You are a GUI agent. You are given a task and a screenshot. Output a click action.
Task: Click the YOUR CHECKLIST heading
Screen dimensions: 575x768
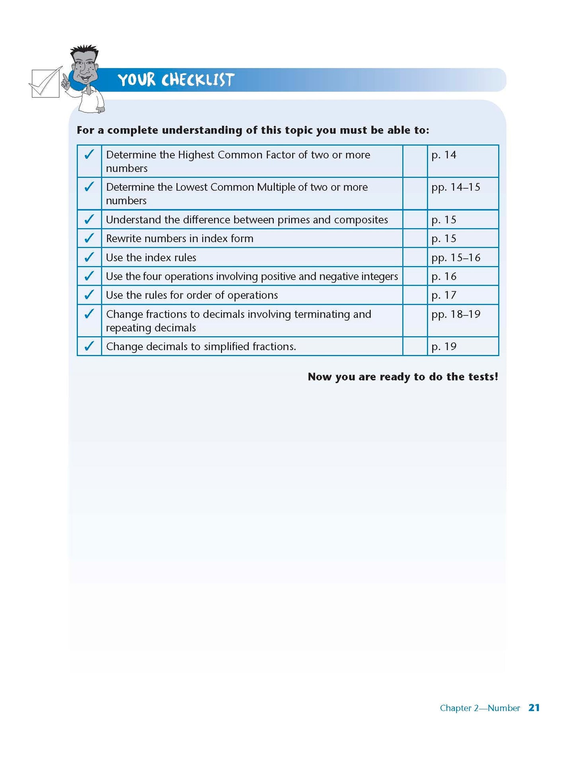[175, 80]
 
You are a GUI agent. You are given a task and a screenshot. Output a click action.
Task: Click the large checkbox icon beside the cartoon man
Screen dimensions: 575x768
[45, 83]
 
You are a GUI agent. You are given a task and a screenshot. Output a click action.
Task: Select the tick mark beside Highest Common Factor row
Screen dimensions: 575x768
[89, 154]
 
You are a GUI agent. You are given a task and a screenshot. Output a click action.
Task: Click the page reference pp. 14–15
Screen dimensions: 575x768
[456, 187]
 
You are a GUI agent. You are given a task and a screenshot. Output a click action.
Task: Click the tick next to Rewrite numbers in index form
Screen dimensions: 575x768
[89, 238]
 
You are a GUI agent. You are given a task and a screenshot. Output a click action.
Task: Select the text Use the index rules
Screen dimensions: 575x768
[151, 257]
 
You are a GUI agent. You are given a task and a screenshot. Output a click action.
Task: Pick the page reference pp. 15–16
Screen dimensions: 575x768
[456, 257]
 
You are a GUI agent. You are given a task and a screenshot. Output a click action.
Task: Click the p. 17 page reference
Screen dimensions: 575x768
[444, 295]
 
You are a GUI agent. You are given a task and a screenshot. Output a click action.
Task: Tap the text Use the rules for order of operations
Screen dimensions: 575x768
[192, 295]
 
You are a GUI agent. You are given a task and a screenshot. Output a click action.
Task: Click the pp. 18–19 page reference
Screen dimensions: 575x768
[456, 314]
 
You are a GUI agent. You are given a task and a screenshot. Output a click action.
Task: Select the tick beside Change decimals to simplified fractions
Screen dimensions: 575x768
[89, 346]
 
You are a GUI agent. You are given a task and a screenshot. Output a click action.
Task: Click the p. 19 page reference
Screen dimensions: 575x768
[444, 347]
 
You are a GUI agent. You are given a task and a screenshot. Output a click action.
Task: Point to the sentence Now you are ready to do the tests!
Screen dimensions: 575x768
[403, 376]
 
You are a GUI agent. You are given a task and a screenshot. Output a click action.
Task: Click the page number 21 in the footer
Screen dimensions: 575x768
[534, 708]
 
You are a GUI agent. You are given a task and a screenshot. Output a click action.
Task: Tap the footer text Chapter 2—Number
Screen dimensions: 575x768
[479, 708]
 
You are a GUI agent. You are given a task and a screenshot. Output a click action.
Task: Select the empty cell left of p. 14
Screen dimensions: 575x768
[415, 161]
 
